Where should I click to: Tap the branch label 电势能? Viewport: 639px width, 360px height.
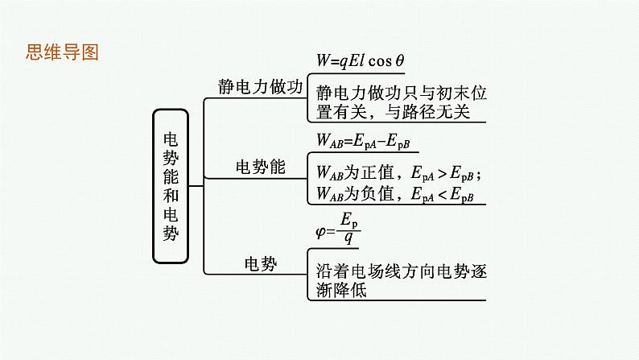[x=260, y=167]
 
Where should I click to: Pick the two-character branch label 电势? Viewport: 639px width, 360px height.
[x=260, y=263]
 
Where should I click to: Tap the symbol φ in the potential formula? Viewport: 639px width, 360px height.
[x=320, y=230]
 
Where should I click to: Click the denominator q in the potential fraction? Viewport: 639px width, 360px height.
[x=348, y=238]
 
